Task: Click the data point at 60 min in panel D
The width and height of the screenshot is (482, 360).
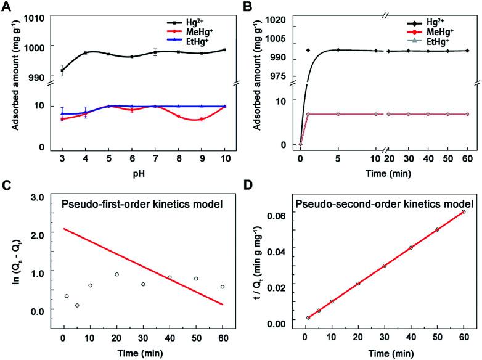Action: point(463,212)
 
